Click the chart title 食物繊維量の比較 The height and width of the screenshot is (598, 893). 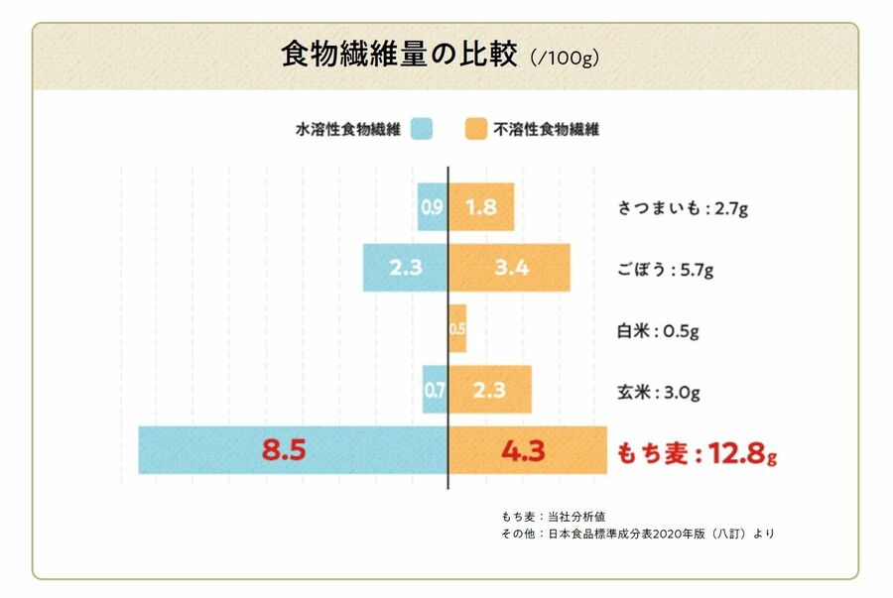coord(399,55)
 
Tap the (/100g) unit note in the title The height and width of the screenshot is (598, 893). coord(564,58)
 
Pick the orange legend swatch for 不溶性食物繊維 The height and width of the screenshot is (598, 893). coord(477,129)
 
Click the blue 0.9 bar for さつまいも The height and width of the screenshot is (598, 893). coord(433,207)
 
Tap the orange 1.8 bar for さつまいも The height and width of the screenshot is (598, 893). coord(481,207)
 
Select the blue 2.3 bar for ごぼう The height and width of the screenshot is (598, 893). coord(405,268)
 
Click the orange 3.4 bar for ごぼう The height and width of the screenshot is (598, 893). coord(510,268)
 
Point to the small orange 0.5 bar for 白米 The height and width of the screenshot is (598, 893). coord(457,329)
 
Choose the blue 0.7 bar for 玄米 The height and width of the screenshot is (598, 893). coord(435,390)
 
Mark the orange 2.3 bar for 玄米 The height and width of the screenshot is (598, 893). coord(490,390)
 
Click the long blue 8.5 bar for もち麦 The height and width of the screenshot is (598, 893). coord(293,450)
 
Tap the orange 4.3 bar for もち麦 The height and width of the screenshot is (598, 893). coord(528,450)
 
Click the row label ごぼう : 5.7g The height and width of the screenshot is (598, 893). coord(659,269)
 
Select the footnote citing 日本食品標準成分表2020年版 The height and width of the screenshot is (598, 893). coord(638,534)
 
